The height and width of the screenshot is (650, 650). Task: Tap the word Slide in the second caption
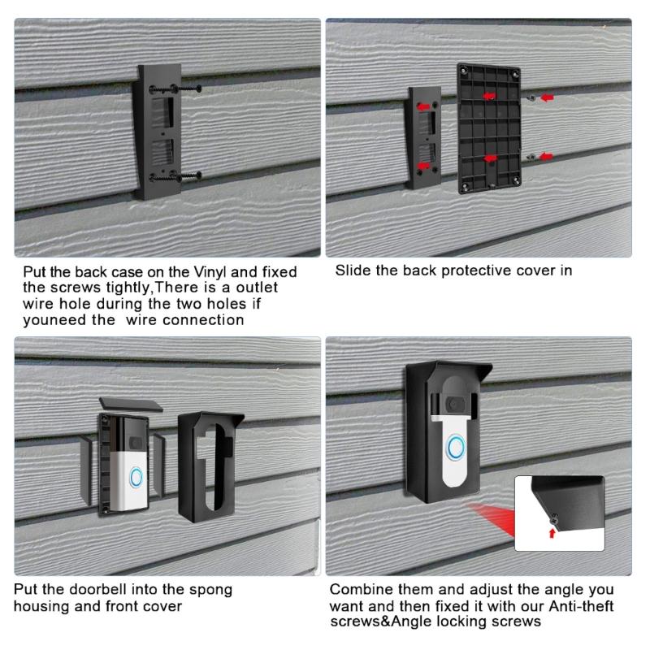pos(351,270)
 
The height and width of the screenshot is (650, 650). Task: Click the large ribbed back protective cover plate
pos(484,128)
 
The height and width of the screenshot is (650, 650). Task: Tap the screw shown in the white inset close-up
pos(554,518)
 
